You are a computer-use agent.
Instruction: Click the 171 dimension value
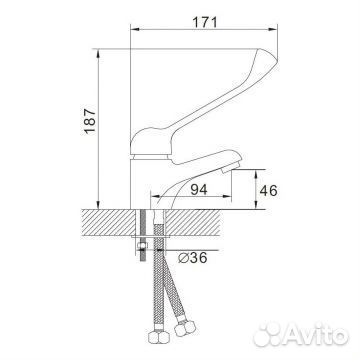pyautogui.click(x=205, y=22)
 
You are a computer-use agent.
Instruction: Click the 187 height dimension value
pyautogui.click(x=90, y=121)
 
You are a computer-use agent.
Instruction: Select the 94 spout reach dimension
pyautogui.click(x=199, y=190)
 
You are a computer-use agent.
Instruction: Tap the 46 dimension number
pyautogui.click(x=268, y=191)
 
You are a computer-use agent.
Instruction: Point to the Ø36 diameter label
pyautogui.click(x=193, y=257)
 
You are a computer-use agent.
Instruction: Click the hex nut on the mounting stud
pyautogui.click(x=142, y=246)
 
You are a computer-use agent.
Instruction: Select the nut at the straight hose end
pyautogui.click(x=159, y=337)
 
